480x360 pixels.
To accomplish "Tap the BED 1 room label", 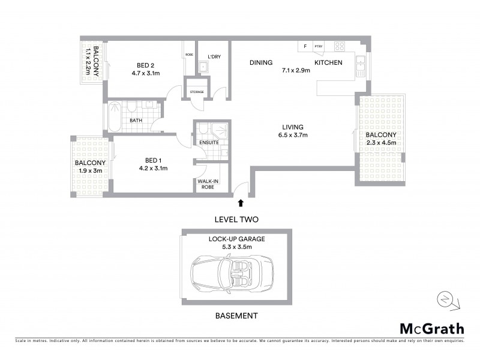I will pyautogui.click(x=154, y=160).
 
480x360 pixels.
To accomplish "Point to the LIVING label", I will pyautogui.click(x=294, y=127).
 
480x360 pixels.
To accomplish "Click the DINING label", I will pyautogui.click(x=262, y=62).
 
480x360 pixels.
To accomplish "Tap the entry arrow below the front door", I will pyautogui.click(x=241, y=204).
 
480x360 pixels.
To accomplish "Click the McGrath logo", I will pyautogui.click(x=431, y=328).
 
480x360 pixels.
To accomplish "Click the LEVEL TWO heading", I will pyautogui.click(x=236, y=220).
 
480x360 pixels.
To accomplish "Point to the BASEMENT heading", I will pyautogui.click(x=236, y=316).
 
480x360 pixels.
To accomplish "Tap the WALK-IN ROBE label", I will pyautogui.click(x=207, y=183).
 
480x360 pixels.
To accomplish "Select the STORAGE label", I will pyautogui.click(x=197, y=92).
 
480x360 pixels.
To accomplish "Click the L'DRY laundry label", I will pyautogui.click(x=214, y=56).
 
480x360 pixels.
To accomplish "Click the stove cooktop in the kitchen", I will pyautogui.click(x=339, y=46).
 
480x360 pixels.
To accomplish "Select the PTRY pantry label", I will pyautogui.click(x=318, y=46).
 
